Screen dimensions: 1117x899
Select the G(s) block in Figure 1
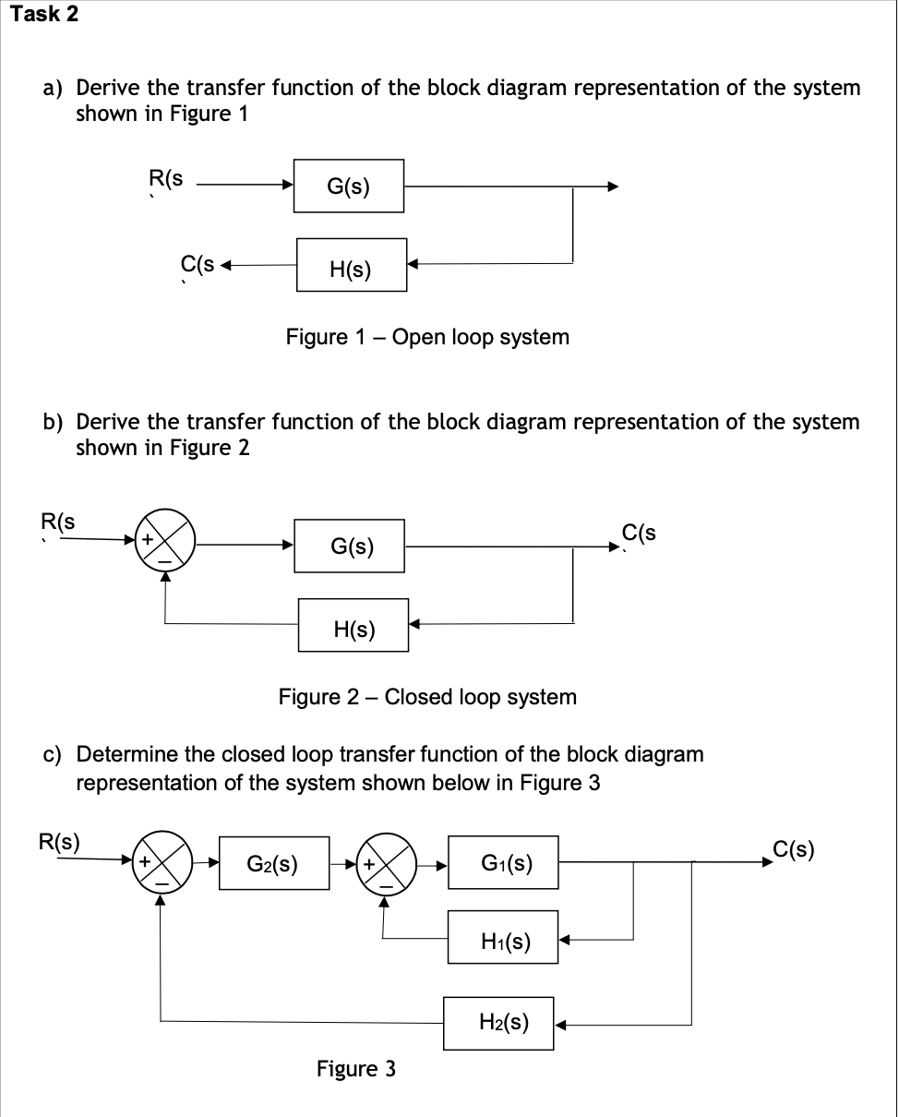(x=348, y=186)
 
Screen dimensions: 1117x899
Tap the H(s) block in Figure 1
(x=351, y=268)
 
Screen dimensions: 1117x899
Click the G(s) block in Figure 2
(x=352, y=546)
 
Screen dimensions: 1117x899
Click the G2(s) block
(x=273, y=864)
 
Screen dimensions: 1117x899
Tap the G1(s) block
(x=503, y=864)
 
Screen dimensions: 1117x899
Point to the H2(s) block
(x=499, y=1023)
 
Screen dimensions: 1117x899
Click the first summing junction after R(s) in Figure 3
(x=162, y=863)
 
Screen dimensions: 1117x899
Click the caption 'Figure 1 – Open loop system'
(x=427, y=337)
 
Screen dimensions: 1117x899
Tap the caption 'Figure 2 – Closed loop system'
(x=427, y=697)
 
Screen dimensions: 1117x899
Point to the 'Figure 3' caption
(x=356, y=1069)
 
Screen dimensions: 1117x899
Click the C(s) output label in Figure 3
(x=793, y=849)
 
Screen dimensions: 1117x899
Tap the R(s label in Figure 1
(x=166, y=179)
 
